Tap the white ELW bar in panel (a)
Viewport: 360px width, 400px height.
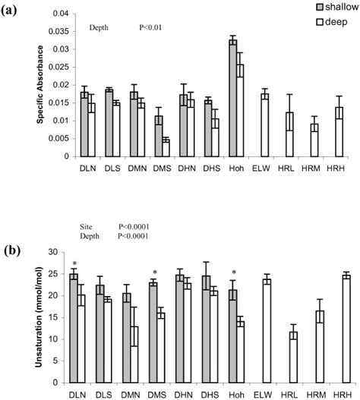[x=264, y=126]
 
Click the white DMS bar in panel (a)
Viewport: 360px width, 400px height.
[x=166, y=149]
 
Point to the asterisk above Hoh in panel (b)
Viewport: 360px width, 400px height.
[x=233, y=272]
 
